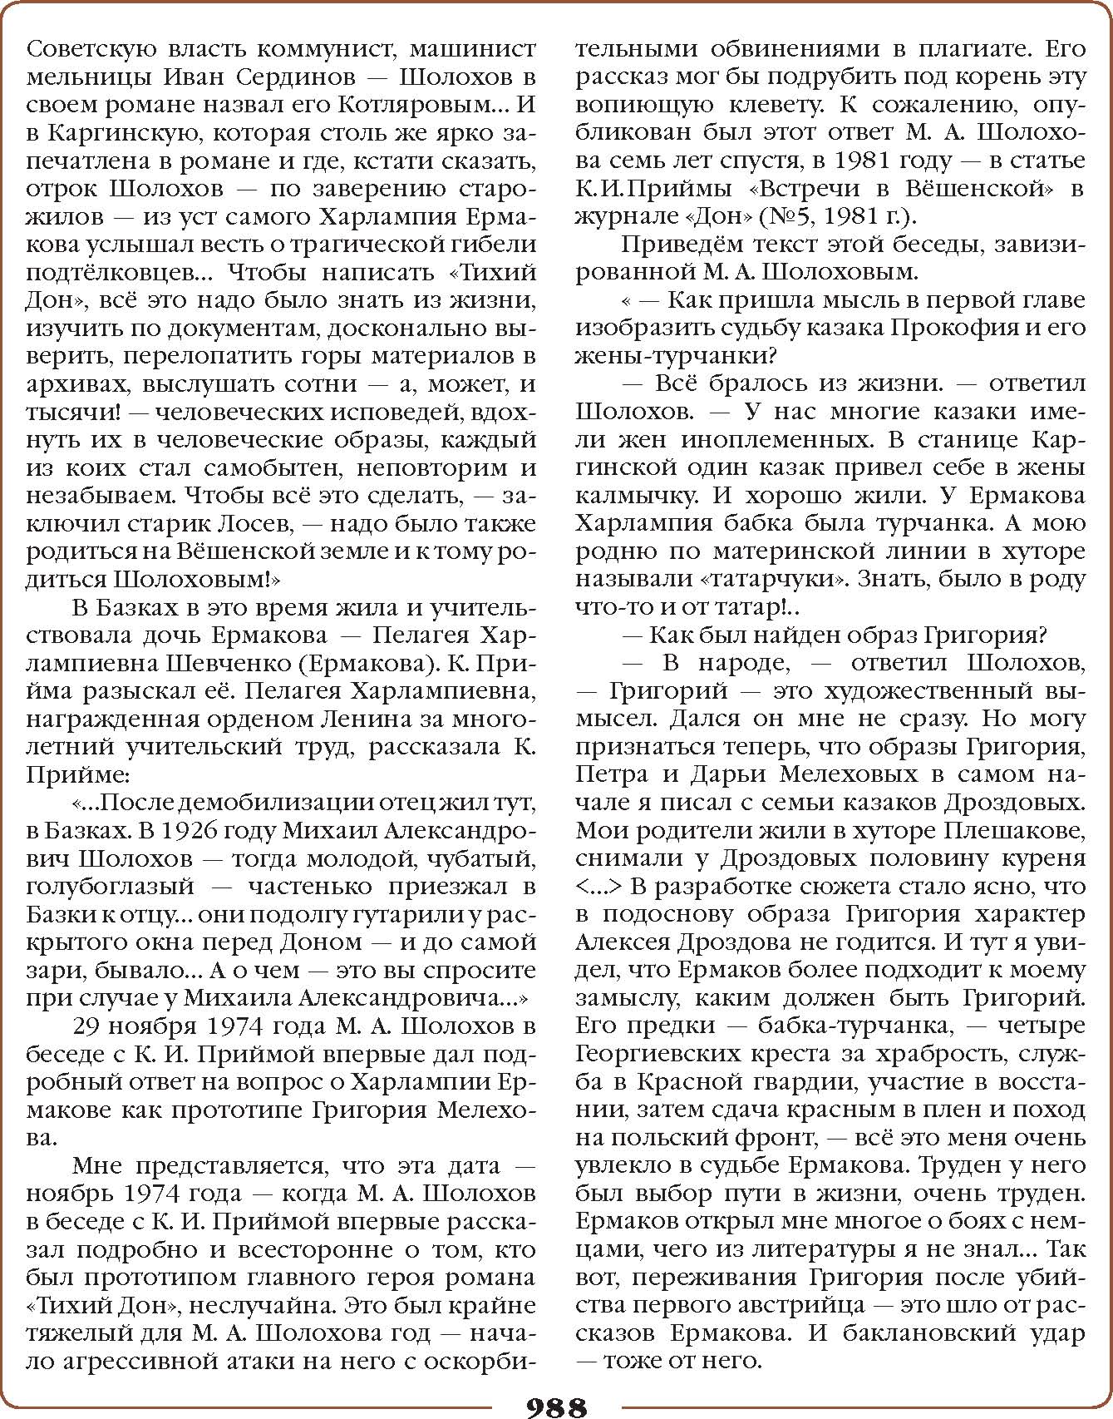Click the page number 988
pyautogui.click(x=556, y=1407)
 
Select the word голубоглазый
pyautogui.click(x=110, y=887)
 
